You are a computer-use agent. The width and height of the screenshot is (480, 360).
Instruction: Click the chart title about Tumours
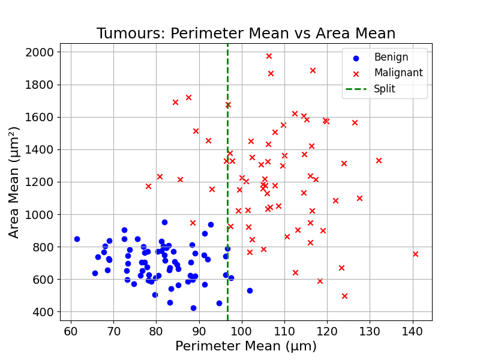point(246,34)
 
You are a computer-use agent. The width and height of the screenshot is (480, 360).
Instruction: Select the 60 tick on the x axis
point(71,331)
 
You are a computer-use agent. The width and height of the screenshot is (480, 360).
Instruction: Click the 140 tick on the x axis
point(412,331)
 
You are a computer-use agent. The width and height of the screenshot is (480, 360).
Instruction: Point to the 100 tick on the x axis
point(241,331)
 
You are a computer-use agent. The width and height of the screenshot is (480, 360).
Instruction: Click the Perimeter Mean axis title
point(246,347)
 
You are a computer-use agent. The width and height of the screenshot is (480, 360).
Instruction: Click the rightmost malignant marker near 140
point(415,254)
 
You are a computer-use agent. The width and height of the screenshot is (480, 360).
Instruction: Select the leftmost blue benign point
point(77,239)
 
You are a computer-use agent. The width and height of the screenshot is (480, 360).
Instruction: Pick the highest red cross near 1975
point(269,56)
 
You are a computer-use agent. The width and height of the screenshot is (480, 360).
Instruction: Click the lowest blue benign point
point(193,308)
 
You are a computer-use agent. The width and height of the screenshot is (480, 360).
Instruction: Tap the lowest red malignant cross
point(344,296)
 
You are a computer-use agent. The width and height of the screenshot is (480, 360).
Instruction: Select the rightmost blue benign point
point(250,290)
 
